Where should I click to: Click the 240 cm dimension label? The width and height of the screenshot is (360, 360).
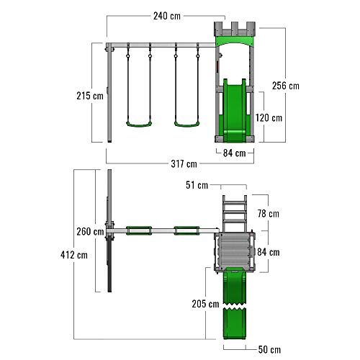coord(167,16)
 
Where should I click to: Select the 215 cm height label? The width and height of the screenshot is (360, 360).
coord(90,96)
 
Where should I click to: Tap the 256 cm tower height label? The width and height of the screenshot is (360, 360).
coord(286,86)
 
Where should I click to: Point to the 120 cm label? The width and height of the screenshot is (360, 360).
coord(269,118)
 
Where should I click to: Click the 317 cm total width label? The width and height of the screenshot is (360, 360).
coord(184,164)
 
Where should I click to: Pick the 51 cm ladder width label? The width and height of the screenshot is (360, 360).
coord(197,185)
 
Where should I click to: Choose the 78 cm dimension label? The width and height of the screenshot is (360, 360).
coord(269,213)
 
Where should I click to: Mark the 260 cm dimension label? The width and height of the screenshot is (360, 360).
coord(90,232)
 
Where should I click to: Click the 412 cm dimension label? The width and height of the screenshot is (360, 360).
coord(74,255)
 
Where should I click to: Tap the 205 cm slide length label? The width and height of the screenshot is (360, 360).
coord(205,304)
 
